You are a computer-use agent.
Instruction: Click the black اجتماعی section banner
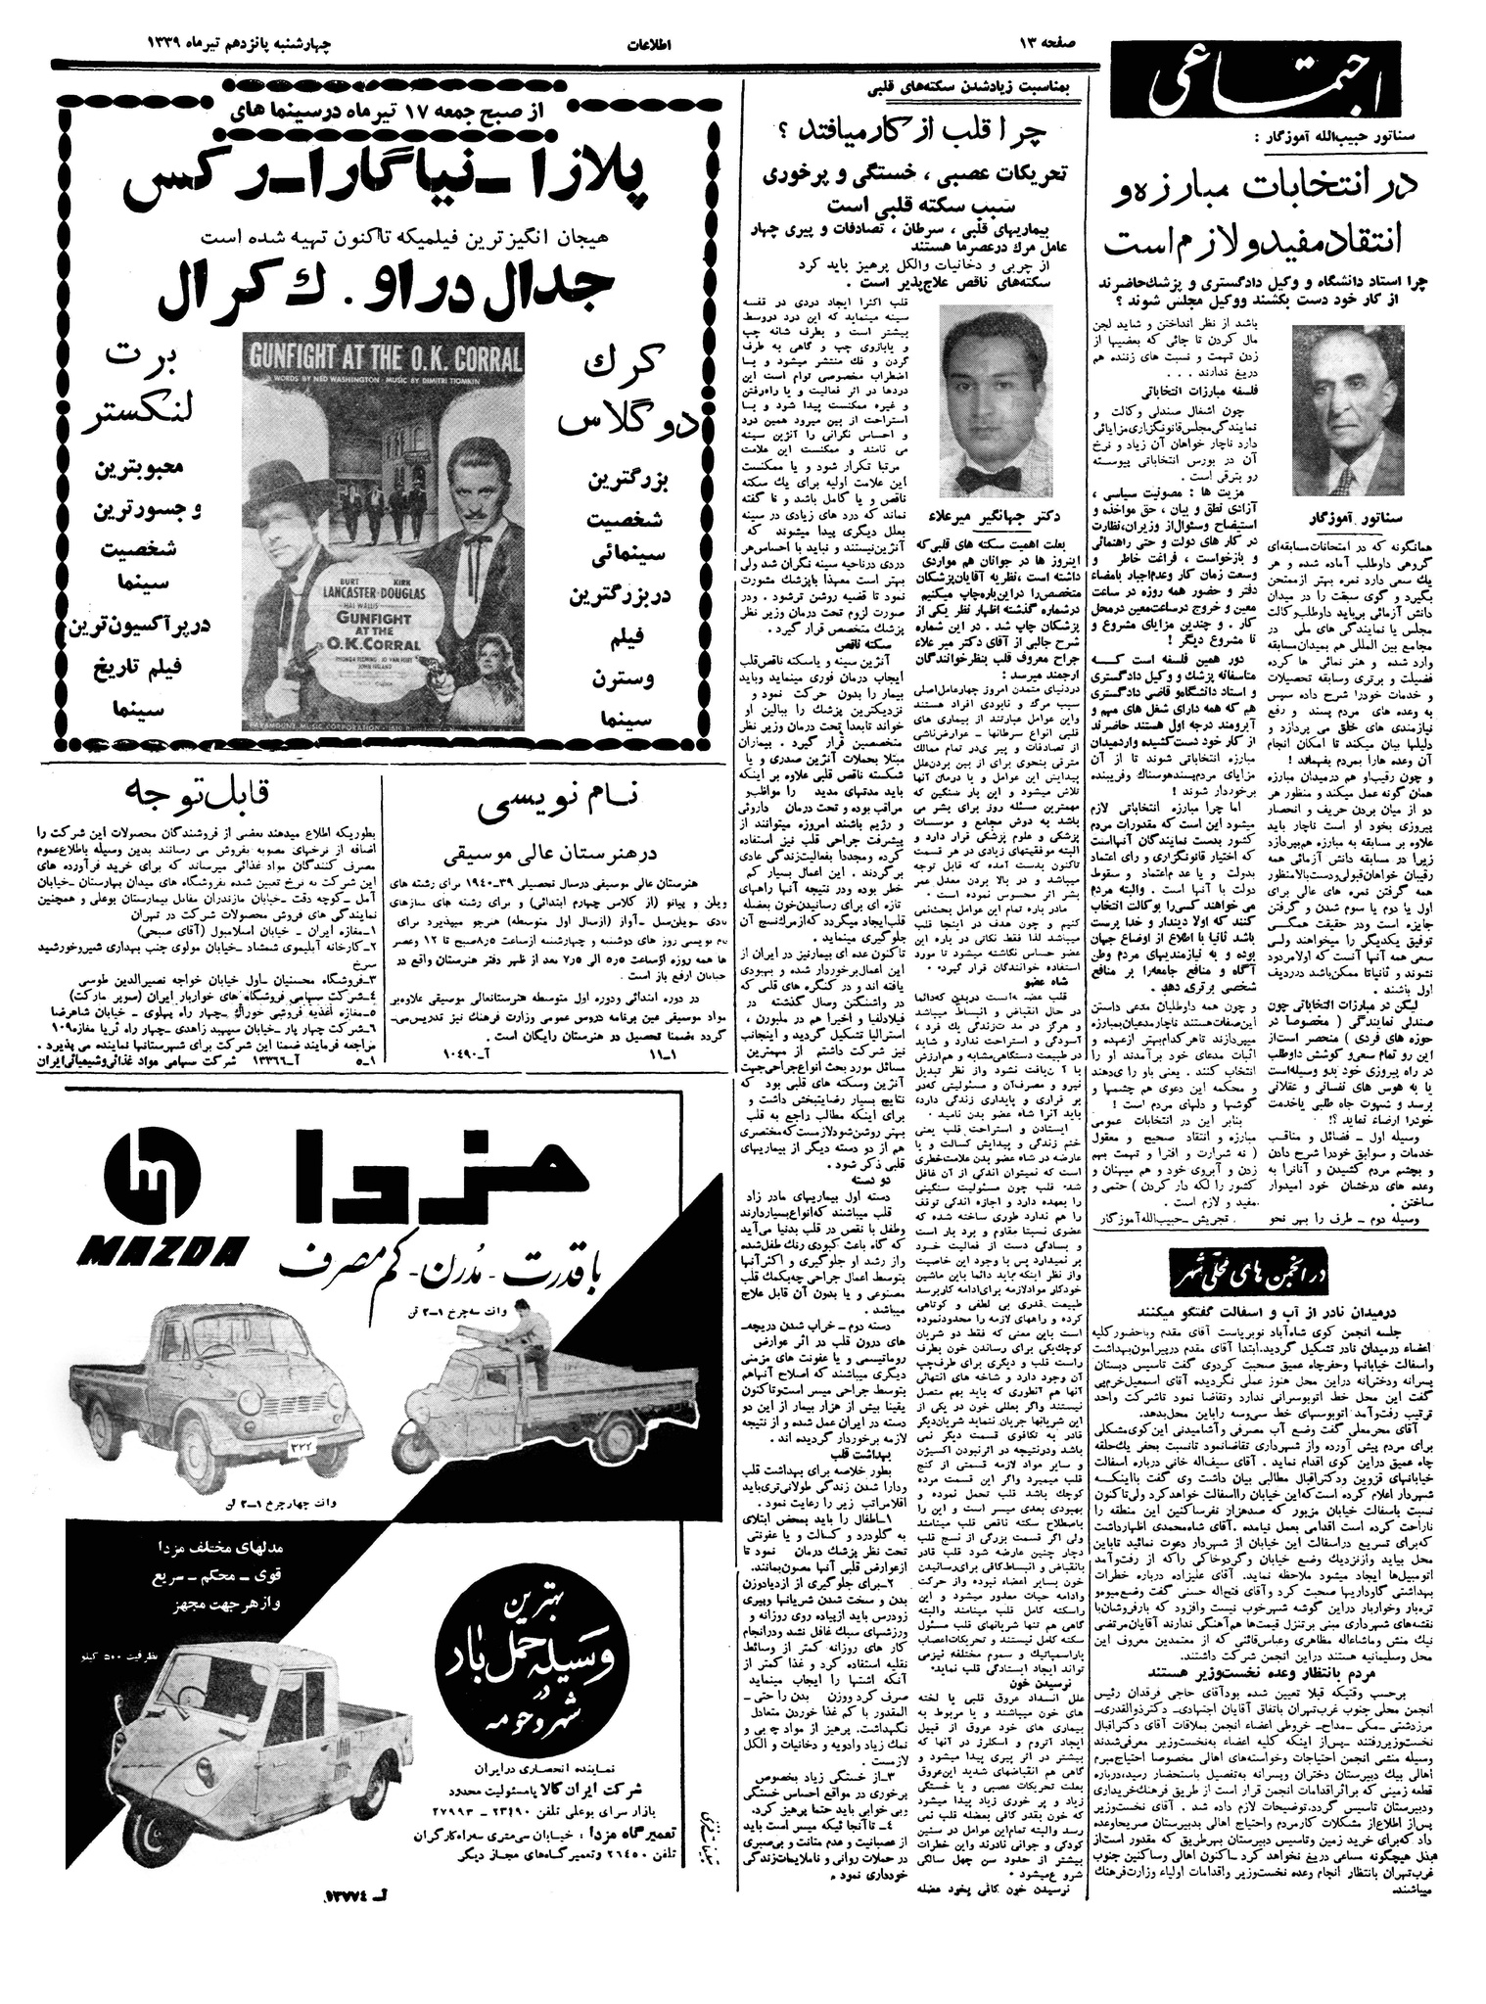tap(1227, 101)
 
